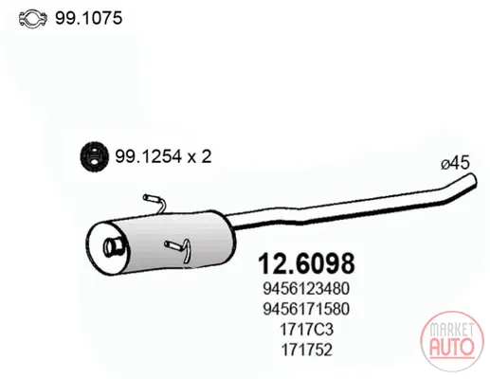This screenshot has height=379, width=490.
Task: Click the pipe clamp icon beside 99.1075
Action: pyautogui.click(x=33, y=19)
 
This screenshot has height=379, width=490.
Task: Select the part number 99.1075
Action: pyautogui.click(x=89, y=18)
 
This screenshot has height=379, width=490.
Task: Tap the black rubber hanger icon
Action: pyautogui.click(x=94, y=156)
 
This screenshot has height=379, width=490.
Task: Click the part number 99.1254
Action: pyautogui.click(x=148, y=156)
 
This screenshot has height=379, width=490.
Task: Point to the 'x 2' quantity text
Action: pyautogui.click(x=199, y=156)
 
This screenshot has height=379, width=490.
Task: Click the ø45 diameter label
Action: pyautogui.click(x=455, y=163)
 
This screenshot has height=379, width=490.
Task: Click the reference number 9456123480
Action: pyautogui.click(x=306, y=289)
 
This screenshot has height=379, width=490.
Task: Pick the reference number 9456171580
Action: pyautogui.click(x=306, y=309)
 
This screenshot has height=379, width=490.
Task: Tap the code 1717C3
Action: pyautogui.click(x=306, y=330)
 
